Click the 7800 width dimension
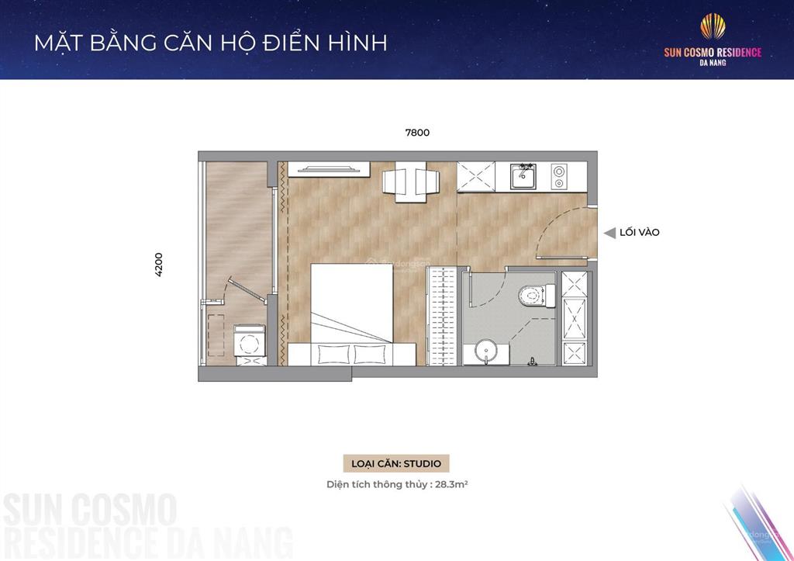pos(417,133)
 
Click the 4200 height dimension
pos(158,265)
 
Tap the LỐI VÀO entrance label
pos(640,232)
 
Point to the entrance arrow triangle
pos(609,233)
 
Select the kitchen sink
pos(523,176)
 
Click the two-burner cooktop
pos(559,176)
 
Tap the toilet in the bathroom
pos(537,296)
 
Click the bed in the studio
pos(352,314)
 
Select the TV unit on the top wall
pos(329,169)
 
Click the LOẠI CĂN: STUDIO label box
pos(396,463)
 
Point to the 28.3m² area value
pos(451,484)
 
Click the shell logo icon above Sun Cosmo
pos(713,27)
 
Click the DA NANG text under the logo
pos(713,63)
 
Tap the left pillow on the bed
pos(333,354)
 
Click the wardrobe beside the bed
pos(443,316)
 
